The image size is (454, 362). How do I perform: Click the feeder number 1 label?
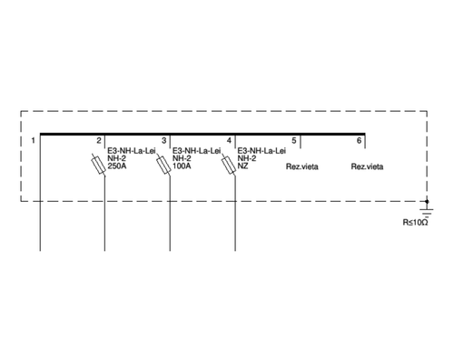33,141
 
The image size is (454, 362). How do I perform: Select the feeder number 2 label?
99,141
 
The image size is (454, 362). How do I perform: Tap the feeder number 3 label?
163,141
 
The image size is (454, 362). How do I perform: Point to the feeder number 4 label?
229,141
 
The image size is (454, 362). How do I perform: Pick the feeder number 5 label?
294,141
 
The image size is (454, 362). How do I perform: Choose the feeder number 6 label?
359,141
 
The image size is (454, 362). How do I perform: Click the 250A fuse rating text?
117,166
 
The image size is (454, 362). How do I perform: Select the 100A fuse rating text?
182,166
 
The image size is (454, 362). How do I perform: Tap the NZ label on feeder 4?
242,166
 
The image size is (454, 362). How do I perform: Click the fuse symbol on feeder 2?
99,165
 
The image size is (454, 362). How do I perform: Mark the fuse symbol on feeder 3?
163,165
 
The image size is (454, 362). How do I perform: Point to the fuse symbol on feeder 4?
229,165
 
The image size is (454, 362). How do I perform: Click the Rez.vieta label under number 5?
302,166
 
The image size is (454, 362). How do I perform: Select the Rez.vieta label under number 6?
367,166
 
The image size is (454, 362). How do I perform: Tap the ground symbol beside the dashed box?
427,211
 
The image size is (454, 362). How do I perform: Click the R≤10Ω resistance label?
415,222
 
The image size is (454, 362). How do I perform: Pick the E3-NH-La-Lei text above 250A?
132,151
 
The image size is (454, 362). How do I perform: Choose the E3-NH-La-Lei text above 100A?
196,151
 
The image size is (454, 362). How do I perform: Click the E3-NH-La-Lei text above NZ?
262,151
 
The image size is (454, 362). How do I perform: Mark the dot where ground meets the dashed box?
427,201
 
